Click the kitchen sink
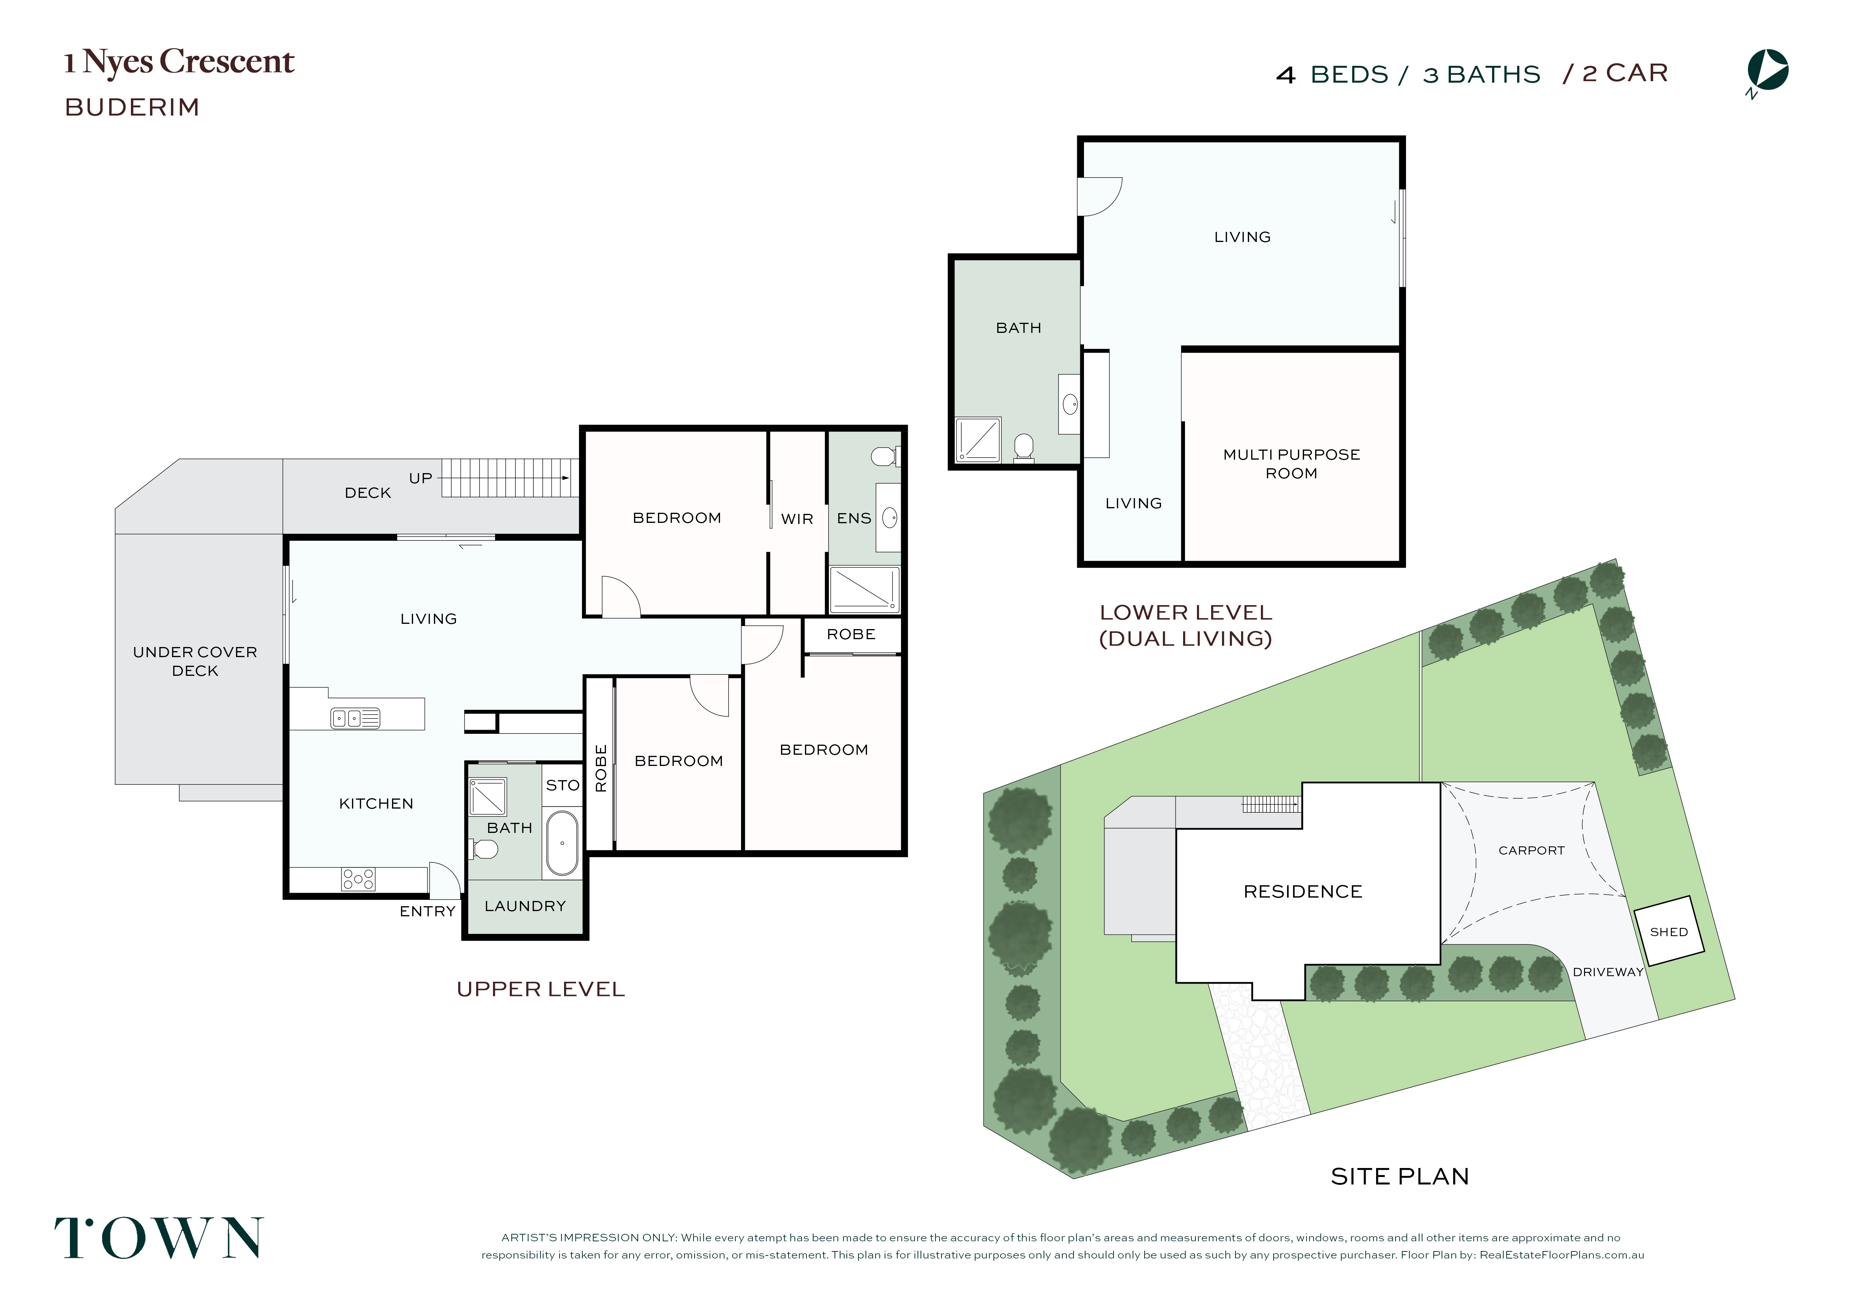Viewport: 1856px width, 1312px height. [x=355, y=718]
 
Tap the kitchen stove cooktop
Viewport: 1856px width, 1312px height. [x=358, y=879]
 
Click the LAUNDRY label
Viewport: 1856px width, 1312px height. [x=526, y=906]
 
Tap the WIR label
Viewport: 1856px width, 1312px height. [x=797, y=519]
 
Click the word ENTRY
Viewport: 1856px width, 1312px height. [x=428, y=911]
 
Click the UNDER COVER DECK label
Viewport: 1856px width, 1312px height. [x=195, y=661]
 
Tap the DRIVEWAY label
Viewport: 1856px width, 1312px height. [x=1608, y=972]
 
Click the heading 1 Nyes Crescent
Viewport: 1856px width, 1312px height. [x=180, y=62]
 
